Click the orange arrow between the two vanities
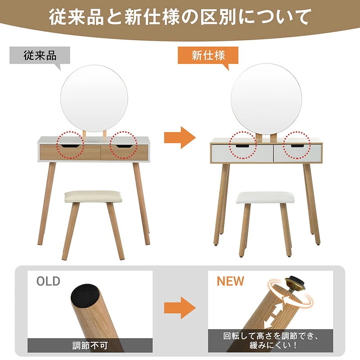pos(180,137)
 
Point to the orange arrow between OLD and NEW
pos(180,309)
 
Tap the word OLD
pos(48,282)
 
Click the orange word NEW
pos(230,282)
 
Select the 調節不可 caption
pos(90,346)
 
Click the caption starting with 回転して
pos(270,341)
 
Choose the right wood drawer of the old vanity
pos(124,152)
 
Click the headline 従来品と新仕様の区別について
pos(180,18)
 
